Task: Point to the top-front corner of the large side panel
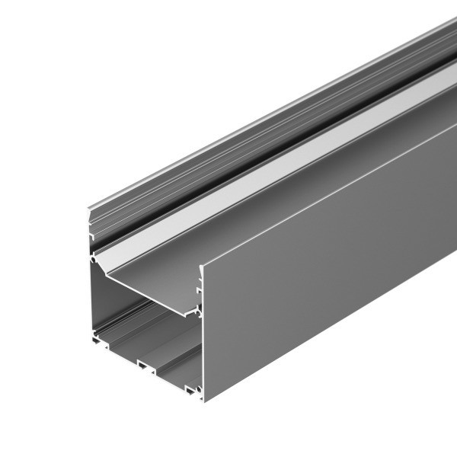[202, 264]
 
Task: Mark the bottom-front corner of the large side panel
[204, 401]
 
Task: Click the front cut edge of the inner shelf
[145, 293]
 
